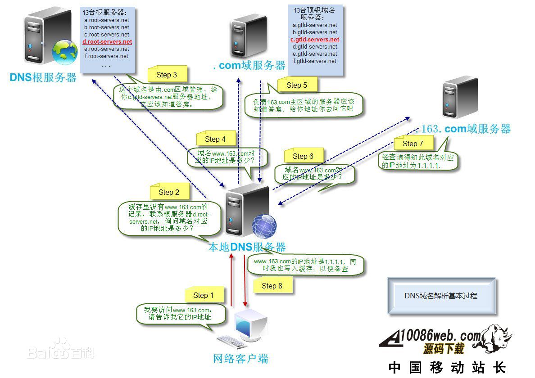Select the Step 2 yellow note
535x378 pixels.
click(x=169, y=192)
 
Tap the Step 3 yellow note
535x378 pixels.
click(x=167, y=75)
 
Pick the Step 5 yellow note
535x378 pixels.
click(x=296, y=85)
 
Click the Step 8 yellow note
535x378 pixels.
click(x=272, y=286)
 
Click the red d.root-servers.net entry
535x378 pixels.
click(x=107, y=42)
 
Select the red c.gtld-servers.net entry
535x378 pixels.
click(x=315, y=40)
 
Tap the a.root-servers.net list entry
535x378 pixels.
click(x=106, y=20)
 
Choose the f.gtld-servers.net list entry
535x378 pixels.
click(x=315, y=61)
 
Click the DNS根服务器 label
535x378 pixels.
click(x=43, y=77)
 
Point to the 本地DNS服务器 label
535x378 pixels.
click(x=246, y=247)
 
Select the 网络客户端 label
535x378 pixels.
click(x=240, y=359)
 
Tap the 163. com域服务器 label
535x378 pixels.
click(x=466, y=129)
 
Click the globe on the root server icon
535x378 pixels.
click(x=64, y=52)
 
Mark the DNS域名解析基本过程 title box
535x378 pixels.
click(x=441, y=296)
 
